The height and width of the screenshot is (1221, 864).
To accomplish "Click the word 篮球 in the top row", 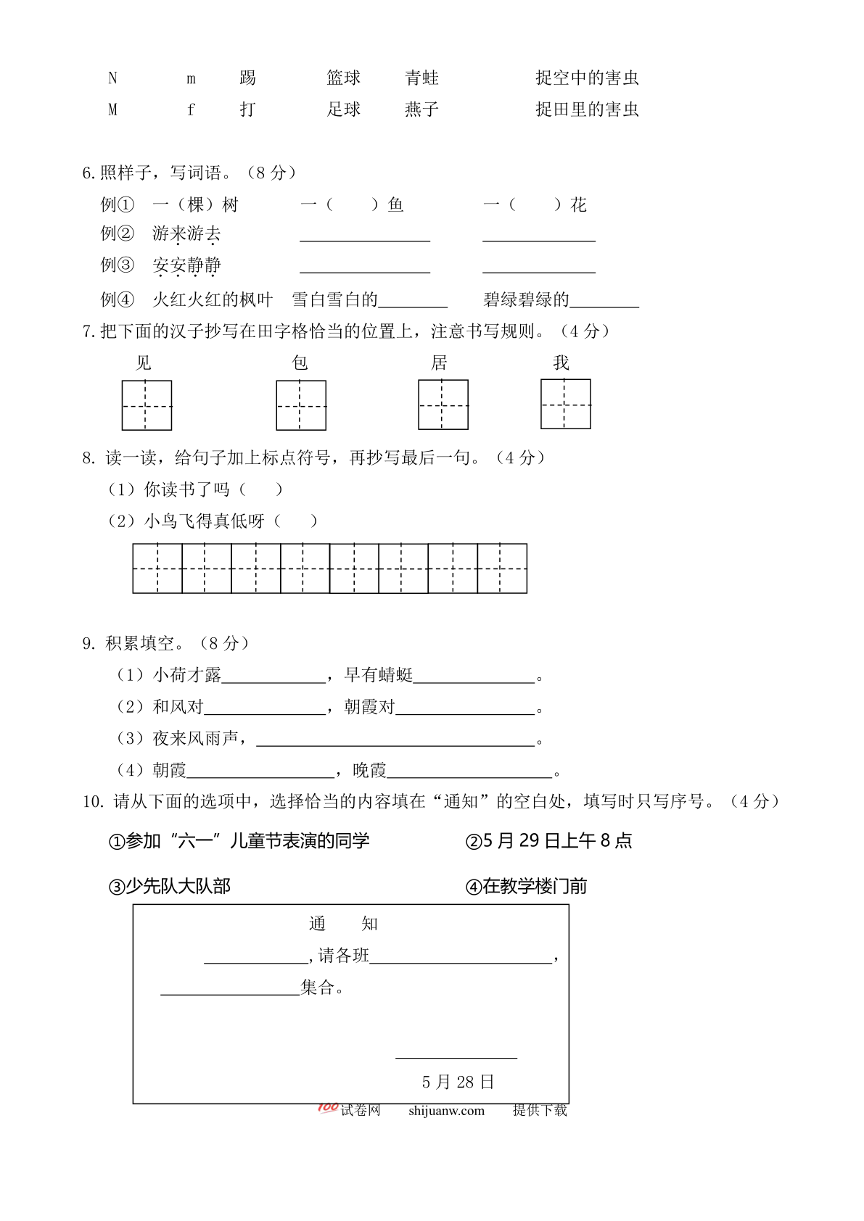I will pos(343,78).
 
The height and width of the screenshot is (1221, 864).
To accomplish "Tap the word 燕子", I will pos(421,109).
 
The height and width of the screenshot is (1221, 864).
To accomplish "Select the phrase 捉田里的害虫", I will pos(587,109).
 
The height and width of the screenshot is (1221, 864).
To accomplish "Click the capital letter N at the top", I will pos(112,78).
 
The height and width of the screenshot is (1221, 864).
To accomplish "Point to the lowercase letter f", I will pos(191,109).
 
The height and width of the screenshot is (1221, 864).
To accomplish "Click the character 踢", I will pos(247,78).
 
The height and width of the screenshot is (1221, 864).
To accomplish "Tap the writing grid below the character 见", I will pos(147,405).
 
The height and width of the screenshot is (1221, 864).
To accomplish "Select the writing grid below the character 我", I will pos(566,404).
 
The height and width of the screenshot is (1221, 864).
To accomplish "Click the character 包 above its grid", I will pos(300,363).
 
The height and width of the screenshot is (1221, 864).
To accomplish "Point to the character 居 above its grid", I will pos(440,363).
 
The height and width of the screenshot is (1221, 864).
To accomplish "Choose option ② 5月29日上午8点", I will pos(549,841).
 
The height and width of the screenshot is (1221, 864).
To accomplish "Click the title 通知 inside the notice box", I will pos(343,924).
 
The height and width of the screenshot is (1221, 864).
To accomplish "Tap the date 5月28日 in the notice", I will pos(458,1082).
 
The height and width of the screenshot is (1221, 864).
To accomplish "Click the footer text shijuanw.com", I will pos(446,1111).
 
